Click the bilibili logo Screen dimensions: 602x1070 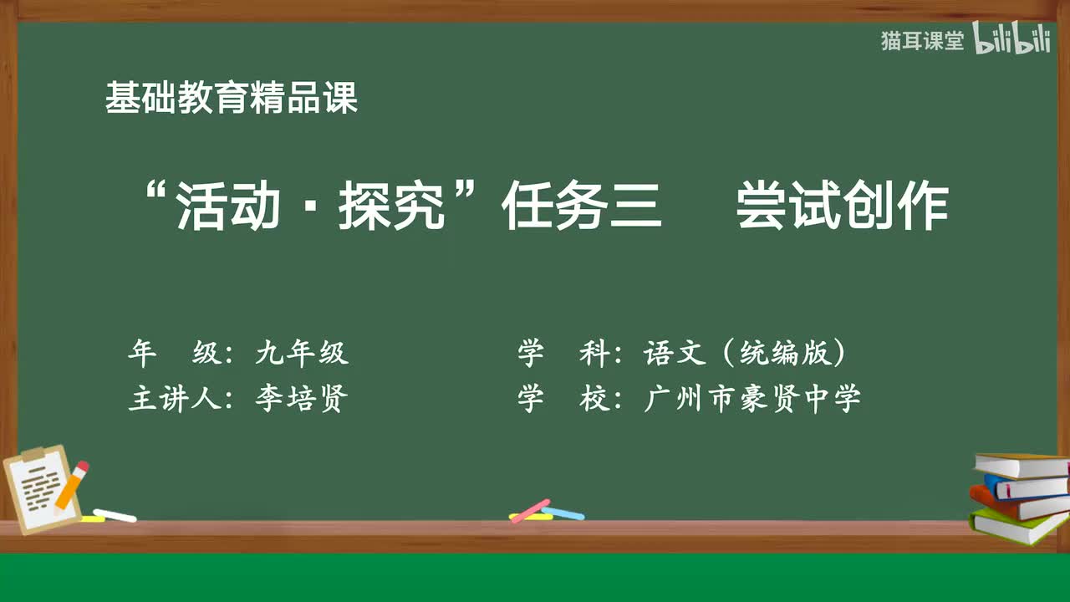point(1011,40)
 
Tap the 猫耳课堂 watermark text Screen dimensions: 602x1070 point(922,41)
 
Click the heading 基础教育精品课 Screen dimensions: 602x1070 point(232,98)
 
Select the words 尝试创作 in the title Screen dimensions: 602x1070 point(842,207)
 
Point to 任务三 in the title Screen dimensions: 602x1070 point(582,207)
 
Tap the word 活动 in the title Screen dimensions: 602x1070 point(228,207)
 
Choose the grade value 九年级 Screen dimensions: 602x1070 point(301,354)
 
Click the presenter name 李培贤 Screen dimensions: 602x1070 point(301,400)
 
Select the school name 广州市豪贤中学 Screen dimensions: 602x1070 point(752,400)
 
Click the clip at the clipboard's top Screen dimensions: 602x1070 point(33,454)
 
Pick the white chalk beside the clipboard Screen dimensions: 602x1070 point(115,515)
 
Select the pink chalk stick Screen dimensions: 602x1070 point(530,511)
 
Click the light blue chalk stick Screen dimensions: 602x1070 point(563,513)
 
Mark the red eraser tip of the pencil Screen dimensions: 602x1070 point(82,467)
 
